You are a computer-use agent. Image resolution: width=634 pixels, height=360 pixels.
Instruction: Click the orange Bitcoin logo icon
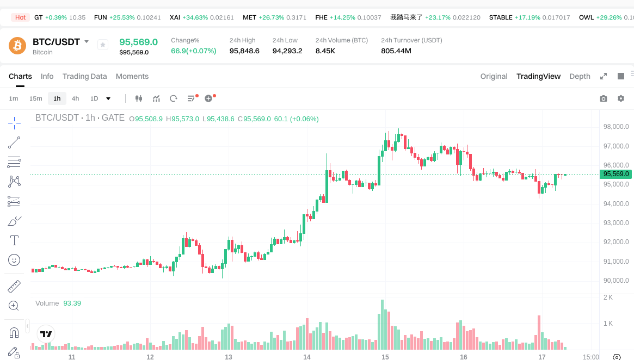(x=17, y=46)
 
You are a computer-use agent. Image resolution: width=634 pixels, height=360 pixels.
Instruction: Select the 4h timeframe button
(x=75, y=98)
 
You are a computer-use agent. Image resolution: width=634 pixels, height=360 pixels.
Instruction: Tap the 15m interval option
(x=35, y=98)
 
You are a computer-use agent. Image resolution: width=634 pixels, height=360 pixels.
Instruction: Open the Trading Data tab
(x=84, y=76)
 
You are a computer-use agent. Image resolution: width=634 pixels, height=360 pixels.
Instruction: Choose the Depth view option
(x=580, y=76)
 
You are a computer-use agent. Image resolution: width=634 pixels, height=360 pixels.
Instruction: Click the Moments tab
(x=132, y=76)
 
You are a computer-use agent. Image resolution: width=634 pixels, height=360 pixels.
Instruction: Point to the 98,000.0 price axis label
(x=616, y=127)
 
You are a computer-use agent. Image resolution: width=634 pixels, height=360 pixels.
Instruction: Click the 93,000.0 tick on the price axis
(x=616, y=223)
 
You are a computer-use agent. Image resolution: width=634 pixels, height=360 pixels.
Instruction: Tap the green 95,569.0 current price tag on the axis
(x=616, y=174)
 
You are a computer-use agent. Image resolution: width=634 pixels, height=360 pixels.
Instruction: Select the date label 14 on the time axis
(x=307, y=357)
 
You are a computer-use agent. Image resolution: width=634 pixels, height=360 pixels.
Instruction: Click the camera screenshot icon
(x=604, y=98)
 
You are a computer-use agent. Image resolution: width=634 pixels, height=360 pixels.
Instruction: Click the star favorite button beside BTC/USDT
(x=103, y=45)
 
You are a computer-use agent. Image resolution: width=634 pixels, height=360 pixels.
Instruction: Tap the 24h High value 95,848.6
(x=244, y=51)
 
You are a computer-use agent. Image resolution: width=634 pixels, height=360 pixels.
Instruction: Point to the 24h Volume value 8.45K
(x=325, y=51)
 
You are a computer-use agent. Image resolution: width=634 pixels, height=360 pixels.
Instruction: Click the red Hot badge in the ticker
(x=21, y=17)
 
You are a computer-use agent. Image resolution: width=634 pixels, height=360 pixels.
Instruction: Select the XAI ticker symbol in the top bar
(x=175, y=17)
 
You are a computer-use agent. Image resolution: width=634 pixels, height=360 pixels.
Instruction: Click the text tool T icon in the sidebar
(x=14, y=240)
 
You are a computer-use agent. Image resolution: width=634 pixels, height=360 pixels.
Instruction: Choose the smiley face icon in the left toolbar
(x=14, y=260)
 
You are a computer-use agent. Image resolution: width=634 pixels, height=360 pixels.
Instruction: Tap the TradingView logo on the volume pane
(x=46, y=334)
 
